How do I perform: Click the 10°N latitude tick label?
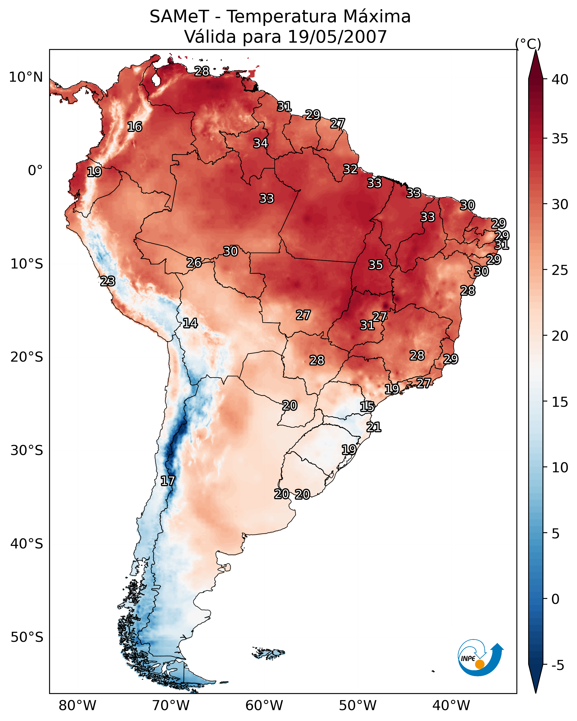(x=26, y=77)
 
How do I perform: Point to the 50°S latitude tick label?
(x=27, y=637)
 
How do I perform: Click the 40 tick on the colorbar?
(x=560, y=79)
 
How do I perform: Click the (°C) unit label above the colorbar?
(x=528, y=43)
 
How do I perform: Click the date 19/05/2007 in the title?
(x=337, y=37)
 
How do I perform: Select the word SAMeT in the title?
(x=179, y=17)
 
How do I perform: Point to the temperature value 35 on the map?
(x=375, y=265)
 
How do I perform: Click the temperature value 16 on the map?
(x=135, y=127)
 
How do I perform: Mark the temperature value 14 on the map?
(x=190, y=323)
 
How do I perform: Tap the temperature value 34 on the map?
(x=260, y=143)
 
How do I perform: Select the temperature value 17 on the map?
(x=168, y=481)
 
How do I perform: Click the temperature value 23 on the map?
(x=108, y=281)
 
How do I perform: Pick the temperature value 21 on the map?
(x=374, y=427)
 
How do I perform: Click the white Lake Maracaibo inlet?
(x=156, y=79)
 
